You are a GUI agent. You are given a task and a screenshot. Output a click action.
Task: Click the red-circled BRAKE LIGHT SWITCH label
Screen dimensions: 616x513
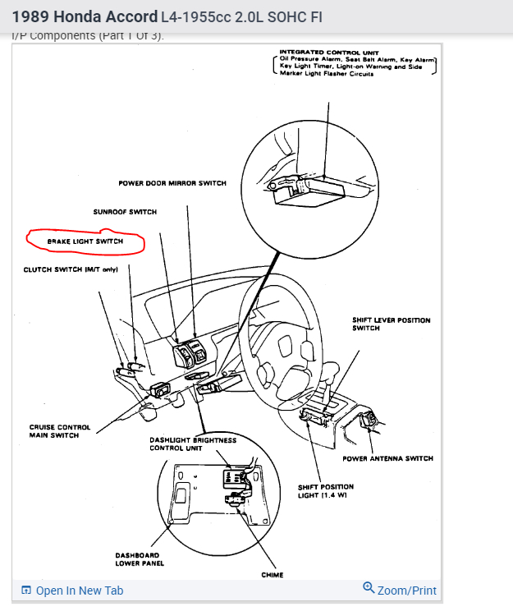(x=85, y=241)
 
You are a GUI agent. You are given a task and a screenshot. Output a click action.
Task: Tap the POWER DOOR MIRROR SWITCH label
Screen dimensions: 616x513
(x=172, y=183)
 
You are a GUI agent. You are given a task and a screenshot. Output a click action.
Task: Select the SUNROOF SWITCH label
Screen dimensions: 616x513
(x=125, y=212)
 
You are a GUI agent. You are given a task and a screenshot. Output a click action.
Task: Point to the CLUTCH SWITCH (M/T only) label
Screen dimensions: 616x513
(x=71, y=269)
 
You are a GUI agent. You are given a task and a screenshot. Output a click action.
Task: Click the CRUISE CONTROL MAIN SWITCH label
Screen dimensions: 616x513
(x=60, y=431)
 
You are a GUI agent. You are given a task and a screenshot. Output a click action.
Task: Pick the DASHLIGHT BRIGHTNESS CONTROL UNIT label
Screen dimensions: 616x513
(x=193, y=444)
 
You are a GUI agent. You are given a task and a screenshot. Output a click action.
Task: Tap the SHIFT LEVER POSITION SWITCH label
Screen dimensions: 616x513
(x=391, y=324)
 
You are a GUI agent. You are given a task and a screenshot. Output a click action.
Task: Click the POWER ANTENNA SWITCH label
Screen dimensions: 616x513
(x=387, y=458)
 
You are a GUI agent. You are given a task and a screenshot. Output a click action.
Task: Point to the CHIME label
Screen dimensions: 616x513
(x=273, y=575)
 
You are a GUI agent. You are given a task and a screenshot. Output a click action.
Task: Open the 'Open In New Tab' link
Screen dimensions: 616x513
(x=79, y=591)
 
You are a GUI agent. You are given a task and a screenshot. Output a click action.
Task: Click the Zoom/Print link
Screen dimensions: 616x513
(x=407, y=591)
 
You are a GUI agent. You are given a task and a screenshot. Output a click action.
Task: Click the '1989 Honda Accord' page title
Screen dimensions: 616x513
(x=84, y=16)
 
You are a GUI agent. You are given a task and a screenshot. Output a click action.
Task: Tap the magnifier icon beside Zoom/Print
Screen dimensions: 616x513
(x=369, y=588)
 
